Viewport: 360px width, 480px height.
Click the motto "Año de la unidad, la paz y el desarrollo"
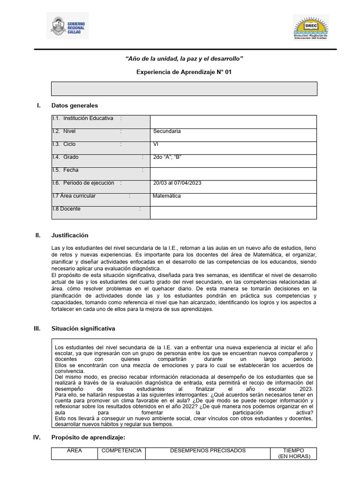pos(184,58)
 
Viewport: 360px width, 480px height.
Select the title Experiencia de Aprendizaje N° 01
pos(184,72)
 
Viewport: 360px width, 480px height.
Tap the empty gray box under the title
pos(184,89)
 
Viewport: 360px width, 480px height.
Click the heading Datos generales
pos(75,105)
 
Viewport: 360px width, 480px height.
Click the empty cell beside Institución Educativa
pos(233,122)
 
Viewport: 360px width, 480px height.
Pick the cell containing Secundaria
pos(233,135)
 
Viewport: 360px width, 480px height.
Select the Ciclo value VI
pos(233,148)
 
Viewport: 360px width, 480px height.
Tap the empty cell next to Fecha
pos(233,173)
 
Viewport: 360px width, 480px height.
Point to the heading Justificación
pos(70,235)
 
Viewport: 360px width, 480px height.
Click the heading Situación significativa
pos(83,329)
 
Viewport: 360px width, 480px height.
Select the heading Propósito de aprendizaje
pos(88,437)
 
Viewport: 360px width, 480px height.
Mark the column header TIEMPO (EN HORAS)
pos(293,453)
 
